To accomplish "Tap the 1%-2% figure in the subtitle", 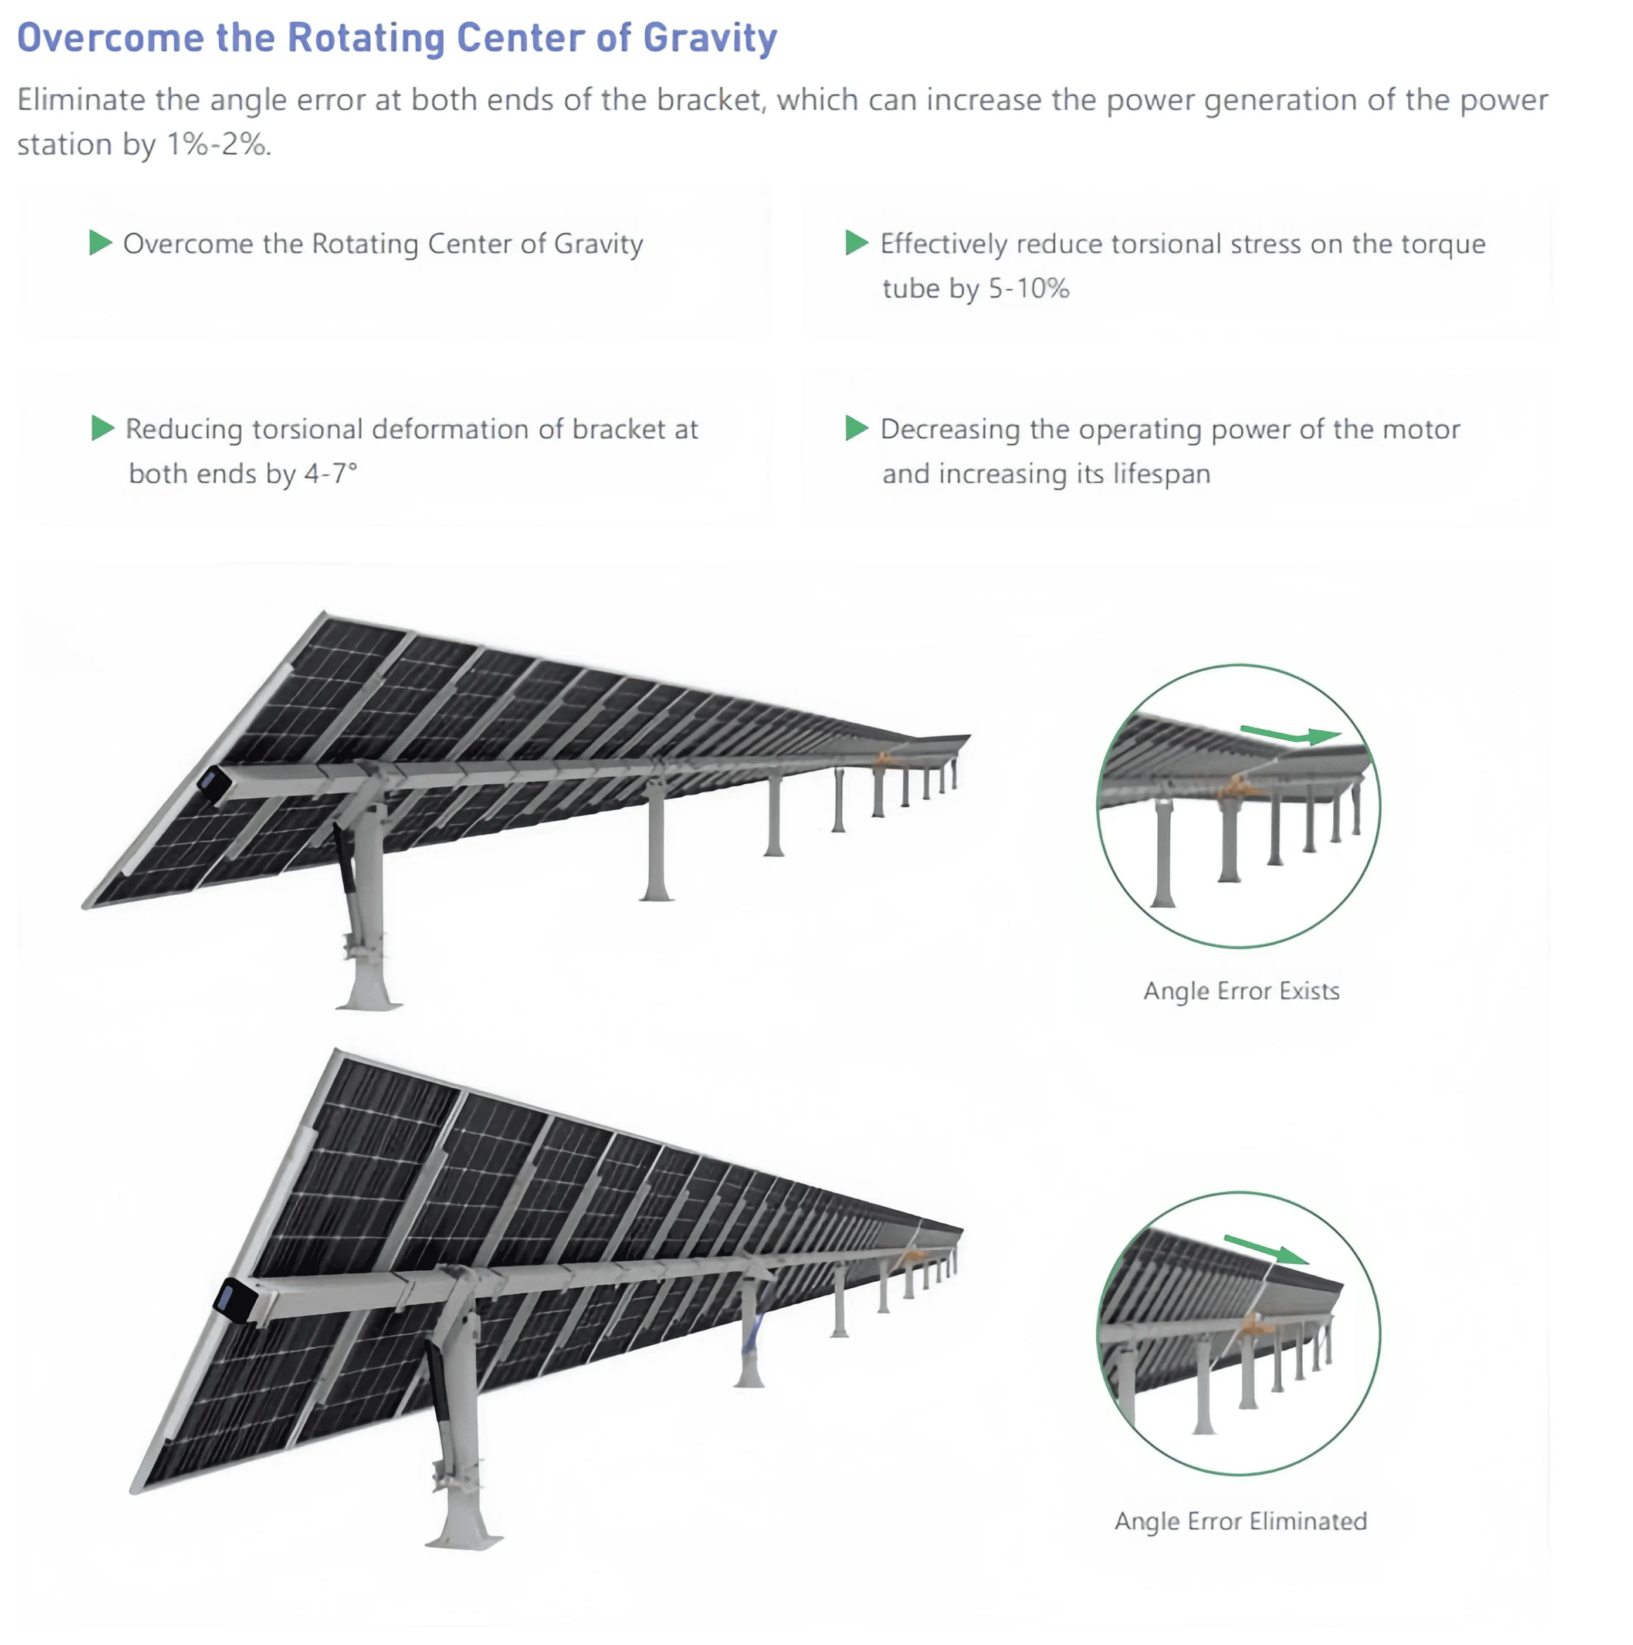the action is (216, 145).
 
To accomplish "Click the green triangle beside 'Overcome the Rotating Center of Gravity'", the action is (100, 243).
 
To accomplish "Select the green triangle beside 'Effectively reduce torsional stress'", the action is (856, 243).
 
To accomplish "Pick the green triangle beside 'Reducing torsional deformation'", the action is (102, 428).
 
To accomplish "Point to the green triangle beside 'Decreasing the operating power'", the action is (856, 428).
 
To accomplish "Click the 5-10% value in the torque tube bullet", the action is (1028, 289).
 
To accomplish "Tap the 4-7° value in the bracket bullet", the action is (330, 473).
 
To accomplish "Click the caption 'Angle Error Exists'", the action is (1241, 991).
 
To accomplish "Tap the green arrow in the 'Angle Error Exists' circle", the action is (1290, 734).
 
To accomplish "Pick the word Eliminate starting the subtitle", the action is (81, 100).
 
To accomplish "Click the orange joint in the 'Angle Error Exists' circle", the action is (1237, 787).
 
